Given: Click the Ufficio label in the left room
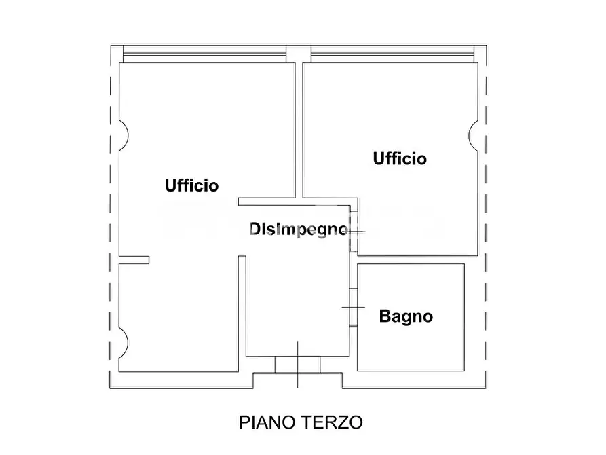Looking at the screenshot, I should coord(191,185).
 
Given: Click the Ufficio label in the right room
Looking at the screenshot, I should coord(400,158).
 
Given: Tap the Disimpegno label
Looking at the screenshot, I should coord(298,229).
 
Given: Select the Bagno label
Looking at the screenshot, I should coord(406,316).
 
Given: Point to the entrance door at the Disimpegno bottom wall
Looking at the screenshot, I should coord(297,364).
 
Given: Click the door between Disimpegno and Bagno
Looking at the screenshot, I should coord(354,308).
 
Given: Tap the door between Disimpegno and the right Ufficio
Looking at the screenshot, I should coord(355,232).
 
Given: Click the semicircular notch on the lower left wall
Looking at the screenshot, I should coord(124,343).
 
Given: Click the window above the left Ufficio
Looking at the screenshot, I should coord(204,54).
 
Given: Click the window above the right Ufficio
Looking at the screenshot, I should coord(391,54).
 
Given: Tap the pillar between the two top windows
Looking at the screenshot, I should coord(295,53).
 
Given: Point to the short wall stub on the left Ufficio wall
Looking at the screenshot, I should coord(134,259).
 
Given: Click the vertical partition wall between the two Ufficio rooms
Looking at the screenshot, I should coord(299,129).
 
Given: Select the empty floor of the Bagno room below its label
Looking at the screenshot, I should coord(411,350).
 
